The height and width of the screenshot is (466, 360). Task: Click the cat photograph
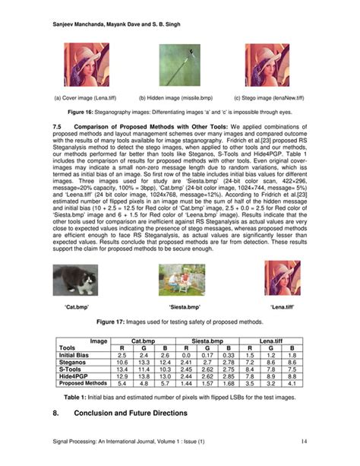[76, 278]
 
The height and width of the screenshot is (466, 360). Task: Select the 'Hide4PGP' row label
[74, 376]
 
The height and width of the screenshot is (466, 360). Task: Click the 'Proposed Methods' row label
[83, 383]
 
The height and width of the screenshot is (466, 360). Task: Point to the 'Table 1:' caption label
[76, 398]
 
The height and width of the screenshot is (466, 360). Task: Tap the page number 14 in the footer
[303, 441]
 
